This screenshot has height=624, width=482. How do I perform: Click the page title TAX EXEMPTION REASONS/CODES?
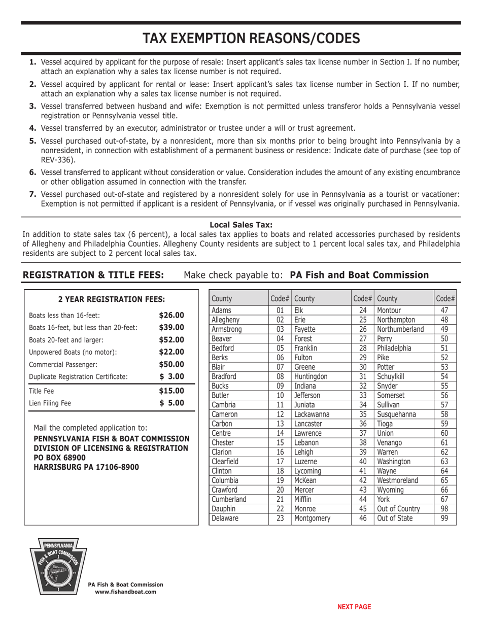[251, 39]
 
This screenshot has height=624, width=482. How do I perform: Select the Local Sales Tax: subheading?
[241, 225]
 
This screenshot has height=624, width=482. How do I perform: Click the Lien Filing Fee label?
[50, 404]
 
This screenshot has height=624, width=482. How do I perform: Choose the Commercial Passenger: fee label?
[63, 364]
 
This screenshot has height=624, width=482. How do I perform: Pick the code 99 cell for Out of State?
[444, 518]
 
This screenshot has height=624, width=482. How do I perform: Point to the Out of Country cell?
[399, 509]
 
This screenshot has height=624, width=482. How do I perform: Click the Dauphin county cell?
[224, 509]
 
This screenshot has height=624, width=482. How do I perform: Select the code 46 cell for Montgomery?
[362, 518]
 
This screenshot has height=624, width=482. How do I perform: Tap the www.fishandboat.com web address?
[126, 592]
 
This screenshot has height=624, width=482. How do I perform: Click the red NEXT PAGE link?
[354, 607]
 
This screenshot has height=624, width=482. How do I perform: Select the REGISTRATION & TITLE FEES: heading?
[93, 275]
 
